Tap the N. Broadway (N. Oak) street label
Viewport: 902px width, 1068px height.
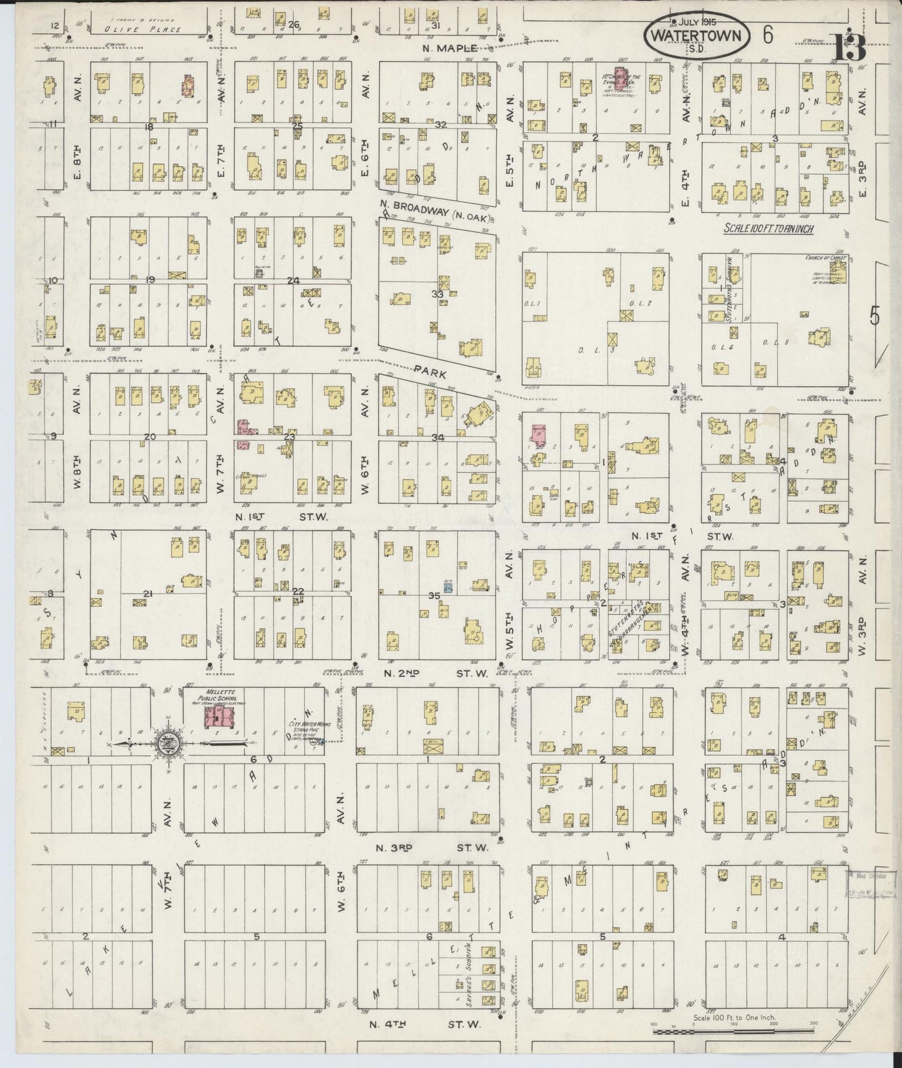[434, 210]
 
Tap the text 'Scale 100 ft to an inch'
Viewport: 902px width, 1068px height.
[768, 229]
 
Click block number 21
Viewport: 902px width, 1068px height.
[148, 593]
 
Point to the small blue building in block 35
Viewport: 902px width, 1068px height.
[448, 587]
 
